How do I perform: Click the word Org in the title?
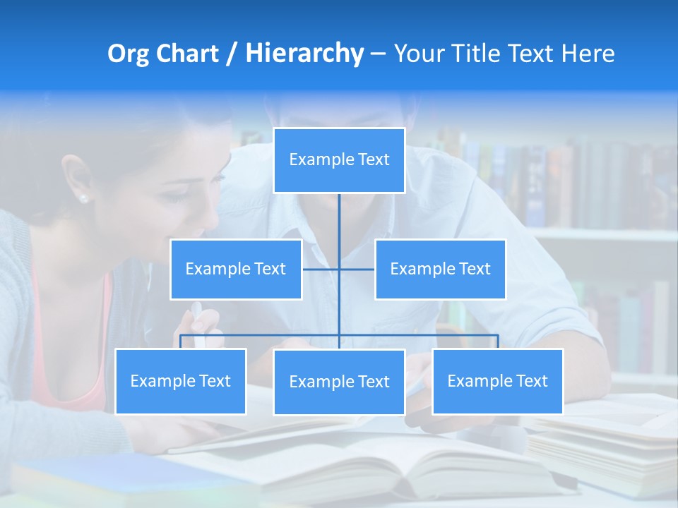(127, 54)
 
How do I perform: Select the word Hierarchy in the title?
(304, 54)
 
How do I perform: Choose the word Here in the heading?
(588, 54)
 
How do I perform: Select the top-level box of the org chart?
(339, 160)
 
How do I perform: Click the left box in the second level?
(236, 269)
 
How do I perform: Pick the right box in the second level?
(440, 269)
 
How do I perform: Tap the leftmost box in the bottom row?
(180, 381)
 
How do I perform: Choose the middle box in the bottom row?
(339, 382)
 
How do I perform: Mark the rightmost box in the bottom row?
(497, 381)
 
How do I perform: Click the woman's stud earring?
(84, 199)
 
